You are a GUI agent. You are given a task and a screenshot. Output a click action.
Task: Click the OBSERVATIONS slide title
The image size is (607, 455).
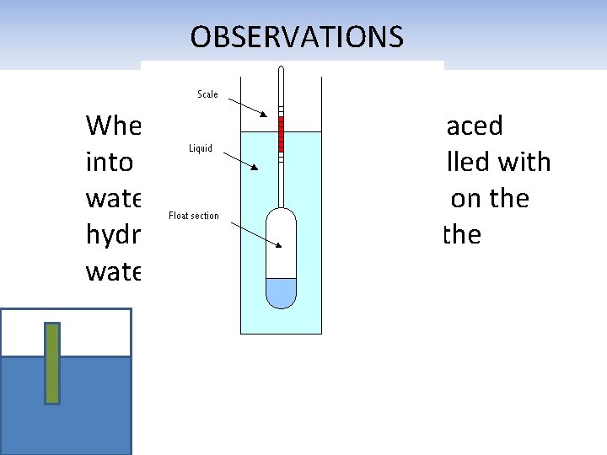pos(297,37)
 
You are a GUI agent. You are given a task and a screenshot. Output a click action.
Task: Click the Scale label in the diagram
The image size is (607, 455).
pos(207,94)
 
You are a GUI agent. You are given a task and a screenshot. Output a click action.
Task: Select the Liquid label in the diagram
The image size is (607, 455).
pos(200,148)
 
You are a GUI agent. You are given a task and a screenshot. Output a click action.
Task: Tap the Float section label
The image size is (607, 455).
pos(194,216)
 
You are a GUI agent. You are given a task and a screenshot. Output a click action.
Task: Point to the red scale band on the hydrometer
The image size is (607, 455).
pos(281,135)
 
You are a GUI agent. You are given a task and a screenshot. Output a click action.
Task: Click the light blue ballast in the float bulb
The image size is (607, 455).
pos(281,292)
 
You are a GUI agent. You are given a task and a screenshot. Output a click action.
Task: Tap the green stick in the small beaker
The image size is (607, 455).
pos(52,362)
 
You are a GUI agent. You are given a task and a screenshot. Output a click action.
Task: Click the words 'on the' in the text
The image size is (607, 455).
pos(490,199)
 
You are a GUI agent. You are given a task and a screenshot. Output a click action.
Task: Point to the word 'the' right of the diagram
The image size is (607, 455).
pos(461,235)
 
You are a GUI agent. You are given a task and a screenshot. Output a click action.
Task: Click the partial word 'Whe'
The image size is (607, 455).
pos(113,126)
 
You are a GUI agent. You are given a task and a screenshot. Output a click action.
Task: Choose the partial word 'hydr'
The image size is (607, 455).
pos(113,236)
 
